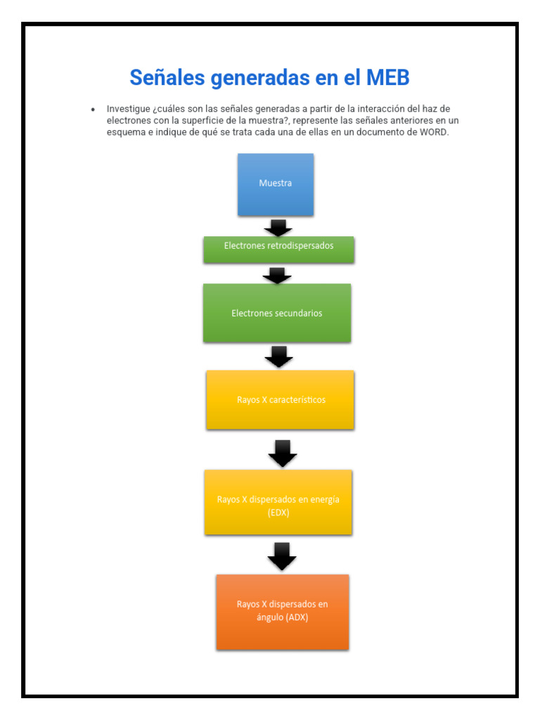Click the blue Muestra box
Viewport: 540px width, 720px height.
click(x=275, y=184)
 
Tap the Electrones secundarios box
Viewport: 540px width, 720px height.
click(x=277, y=313)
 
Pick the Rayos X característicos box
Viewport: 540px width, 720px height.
click(x=280, y=399)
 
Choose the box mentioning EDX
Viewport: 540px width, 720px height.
click(x=278, y=502)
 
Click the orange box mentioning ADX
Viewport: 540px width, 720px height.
click(x=282, y=611)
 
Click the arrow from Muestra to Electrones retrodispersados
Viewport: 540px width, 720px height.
click(x=278, y=228)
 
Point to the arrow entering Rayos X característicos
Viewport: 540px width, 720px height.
click(x=278, y=356)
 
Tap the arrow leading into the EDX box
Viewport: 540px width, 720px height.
click(x=283, y=454)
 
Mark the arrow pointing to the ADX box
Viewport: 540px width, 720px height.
click(x=282, y=556)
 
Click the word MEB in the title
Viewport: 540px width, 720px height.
click(x=387, y=77)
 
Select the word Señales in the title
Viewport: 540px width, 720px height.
click(x=166, y=77)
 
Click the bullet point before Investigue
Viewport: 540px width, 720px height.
click(x=93, y=110)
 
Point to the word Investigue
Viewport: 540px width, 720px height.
click(x=128, y=109)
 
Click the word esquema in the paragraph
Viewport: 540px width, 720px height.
click(x=127, y=133)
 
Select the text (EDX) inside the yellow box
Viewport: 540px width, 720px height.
click(x=278, y=513)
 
